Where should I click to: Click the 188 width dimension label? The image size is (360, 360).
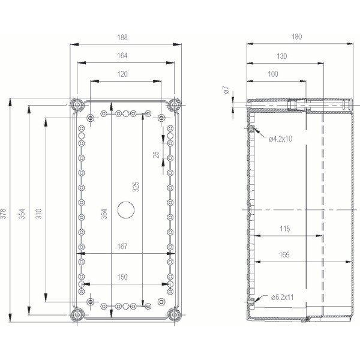point(122,37)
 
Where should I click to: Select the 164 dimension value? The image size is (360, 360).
point(122,56)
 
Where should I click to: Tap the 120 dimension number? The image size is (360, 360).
point(122,74)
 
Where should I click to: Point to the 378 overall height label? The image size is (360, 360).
point(3,214)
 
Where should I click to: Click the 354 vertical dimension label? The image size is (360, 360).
point(22,214)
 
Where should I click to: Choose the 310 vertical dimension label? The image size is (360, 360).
point(39,214)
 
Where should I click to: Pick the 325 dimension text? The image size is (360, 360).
point(136,187)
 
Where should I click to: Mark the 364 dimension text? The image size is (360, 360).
point(104,214)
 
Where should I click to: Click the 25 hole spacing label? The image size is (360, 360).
point(156,155)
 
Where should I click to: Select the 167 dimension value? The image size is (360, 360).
point(122,247)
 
